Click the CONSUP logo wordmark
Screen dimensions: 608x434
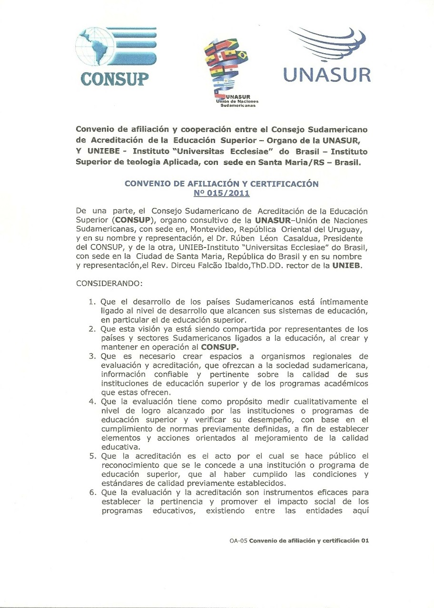click(115, 78)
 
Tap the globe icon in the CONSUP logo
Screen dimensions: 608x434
click(97, 47)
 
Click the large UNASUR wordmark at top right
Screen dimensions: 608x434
click(327, 75)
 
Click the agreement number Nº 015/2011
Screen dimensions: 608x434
click(221, 193)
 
